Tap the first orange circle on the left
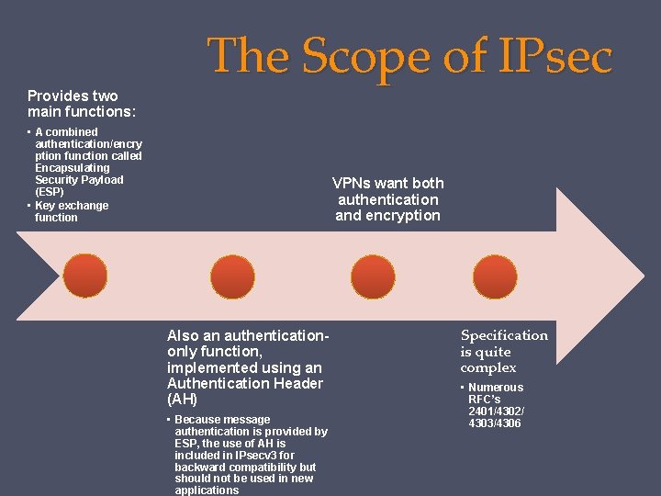85,276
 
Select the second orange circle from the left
232,276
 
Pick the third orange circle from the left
373,276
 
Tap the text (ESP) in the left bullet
50,193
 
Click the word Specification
504,335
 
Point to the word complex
487,367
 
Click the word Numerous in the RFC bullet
496,388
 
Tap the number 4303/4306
495,423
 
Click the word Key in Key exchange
45,206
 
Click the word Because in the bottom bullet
196,420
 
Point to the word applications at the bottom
207,490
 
